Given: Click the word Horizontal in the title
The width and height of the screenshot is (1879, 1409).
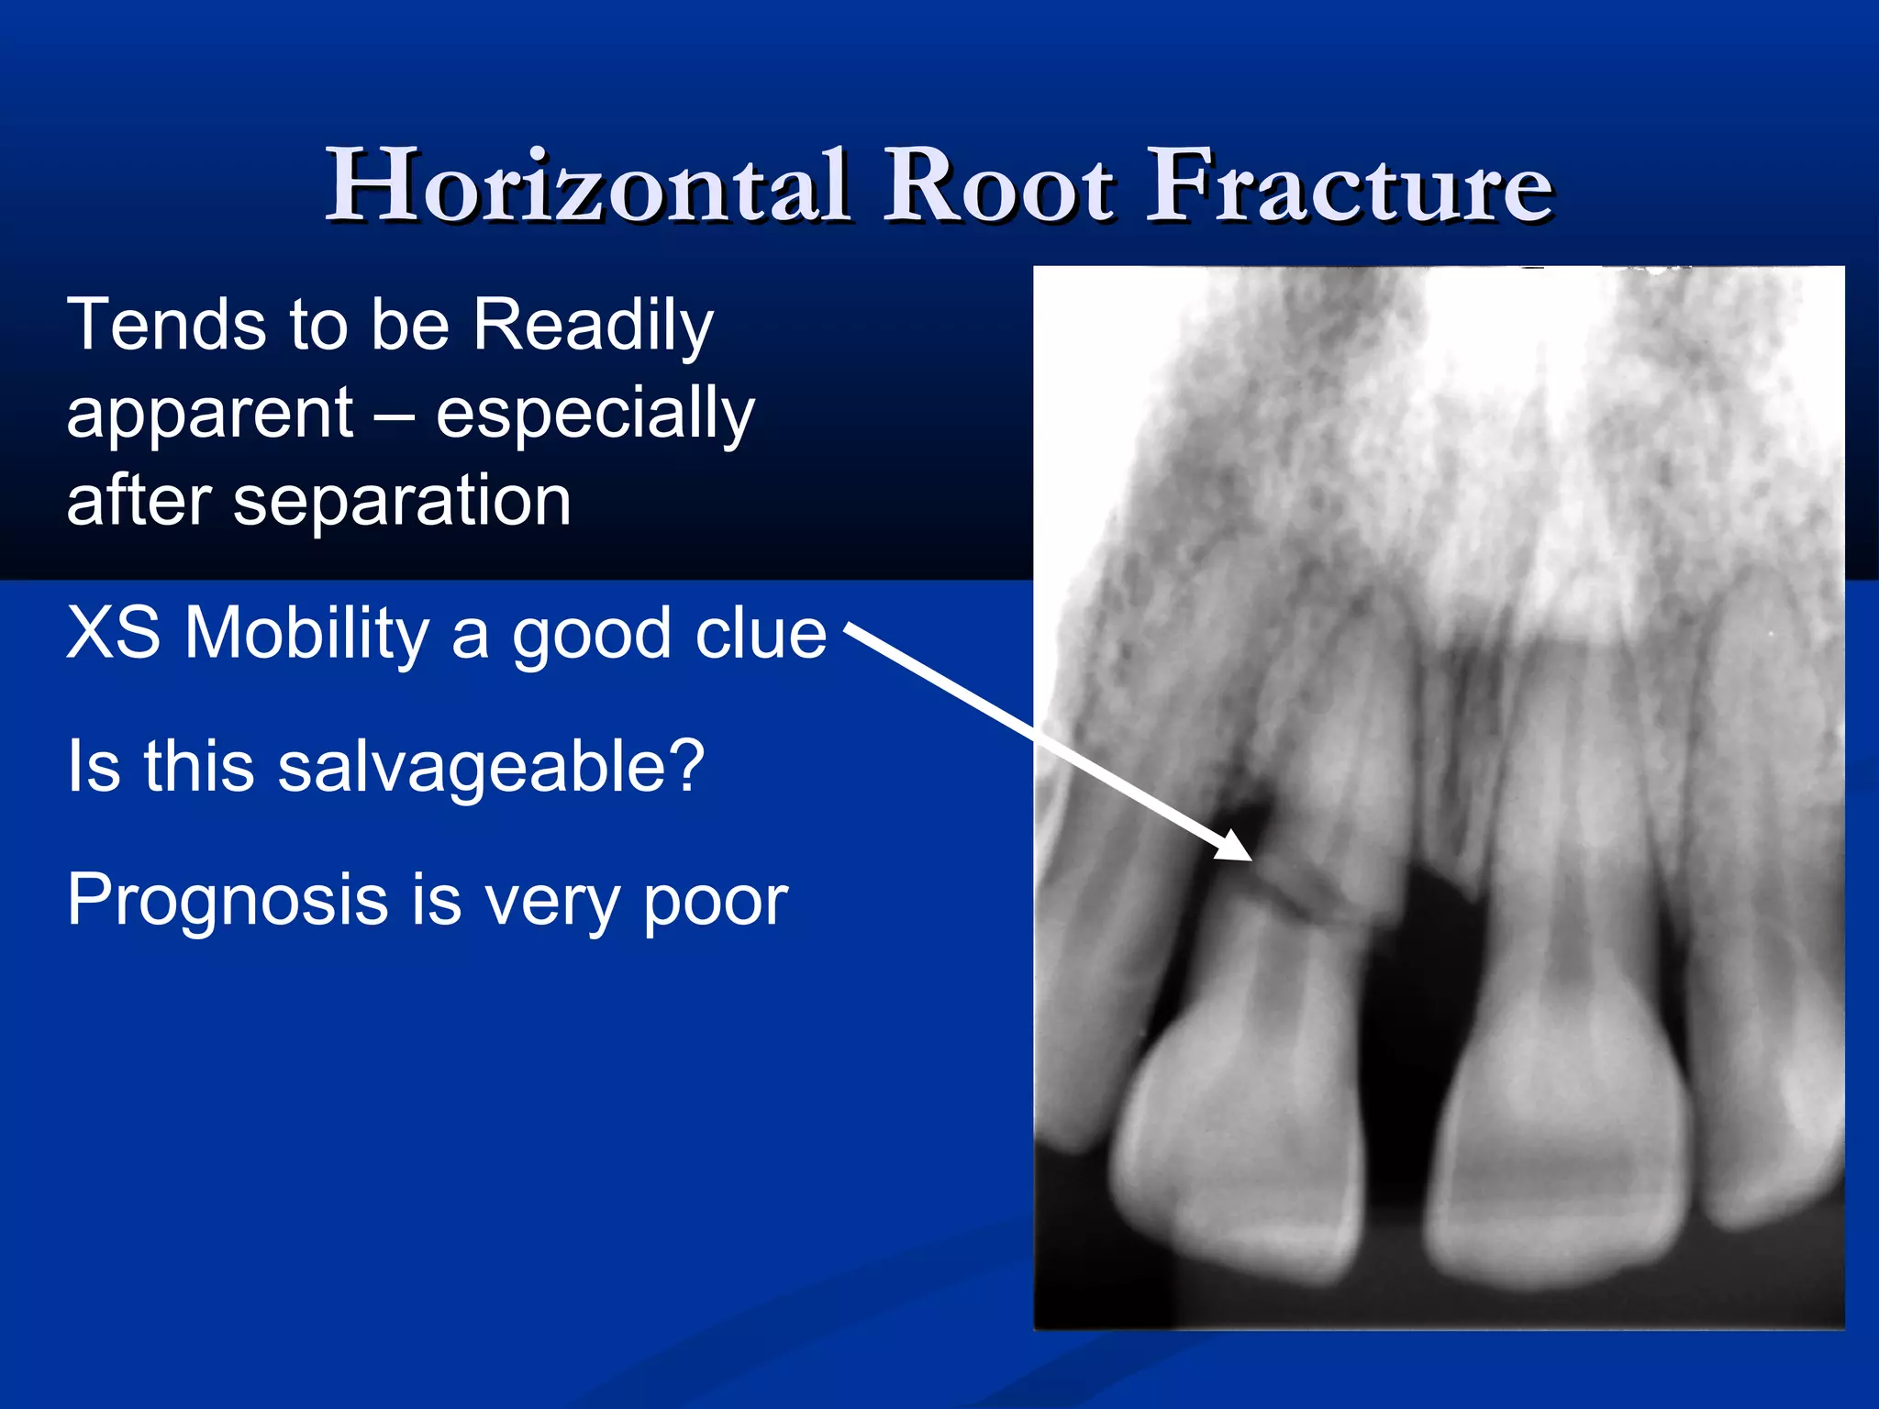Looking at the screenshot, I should click(587, 186).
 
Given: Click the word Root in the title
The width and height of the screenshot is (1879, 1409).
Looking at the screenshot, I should click(999, 186).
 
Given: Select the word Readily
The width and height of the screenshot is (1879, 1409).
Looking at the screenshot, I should click(593, 327).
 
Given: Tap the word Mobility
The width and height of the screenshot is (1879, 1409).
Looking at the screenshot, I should click(307, 633).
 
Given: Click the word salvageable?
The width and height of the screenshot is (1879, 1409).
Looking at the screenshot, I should click(491, 766).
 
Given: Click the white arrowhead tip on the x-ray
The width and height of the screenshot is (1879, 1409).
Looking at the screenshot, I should click(1250, 859).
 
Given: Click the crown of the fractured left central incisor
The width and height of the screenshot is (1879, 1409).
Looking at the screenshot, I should click(1239, 1147).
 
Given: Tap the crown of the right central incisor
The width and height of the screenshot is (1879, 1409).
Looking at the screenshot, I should click(1560, 1147).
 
